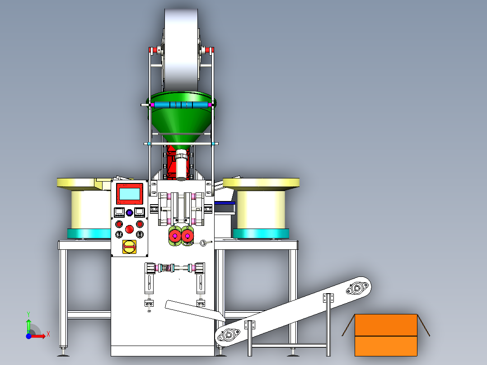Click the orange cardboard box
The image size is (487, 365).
point(385,335)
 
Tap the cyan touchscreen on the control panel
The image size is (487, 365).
point(129,194)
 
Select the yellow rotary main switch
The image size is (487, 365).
point(130,247)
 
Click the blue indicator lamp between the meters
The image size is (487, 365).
point(129,212)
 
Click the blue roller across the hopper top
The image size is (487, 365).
point(181,105)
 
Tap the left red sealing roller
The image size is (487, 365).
point(174,235)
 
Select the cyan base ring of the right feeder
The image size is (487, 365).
point(261,234)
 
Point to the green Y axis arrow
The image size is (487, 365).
point(28,323)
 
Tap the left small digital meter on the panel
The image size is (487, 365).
point(119,212)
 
